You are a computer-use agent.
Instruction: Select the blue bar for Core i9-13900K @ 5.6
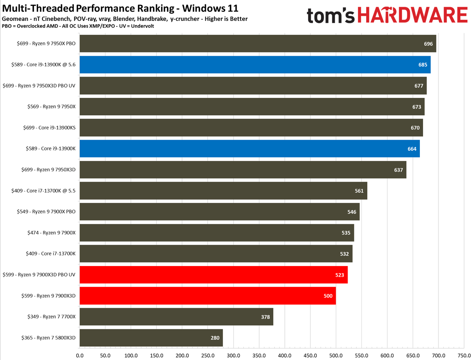tap(255, 65)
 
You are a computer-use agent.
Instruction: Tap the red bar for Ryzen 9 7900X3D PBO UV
tap(213, 275)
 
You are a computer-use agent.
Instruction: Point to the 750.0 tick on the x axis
tap(464, 355)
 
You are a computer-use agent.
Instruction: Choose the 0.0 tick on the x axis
tap(80, 355)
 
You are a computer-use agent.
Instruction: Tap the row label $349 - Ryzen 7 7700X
tap(51, 317)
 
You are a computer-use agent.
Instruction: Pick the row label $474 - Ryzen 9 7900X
tap(51, 233)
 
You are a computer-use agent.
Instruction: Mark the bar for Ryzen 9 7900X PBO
tap(219, 212)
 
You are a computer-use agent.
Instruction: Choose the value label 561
tap(359, 191)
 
